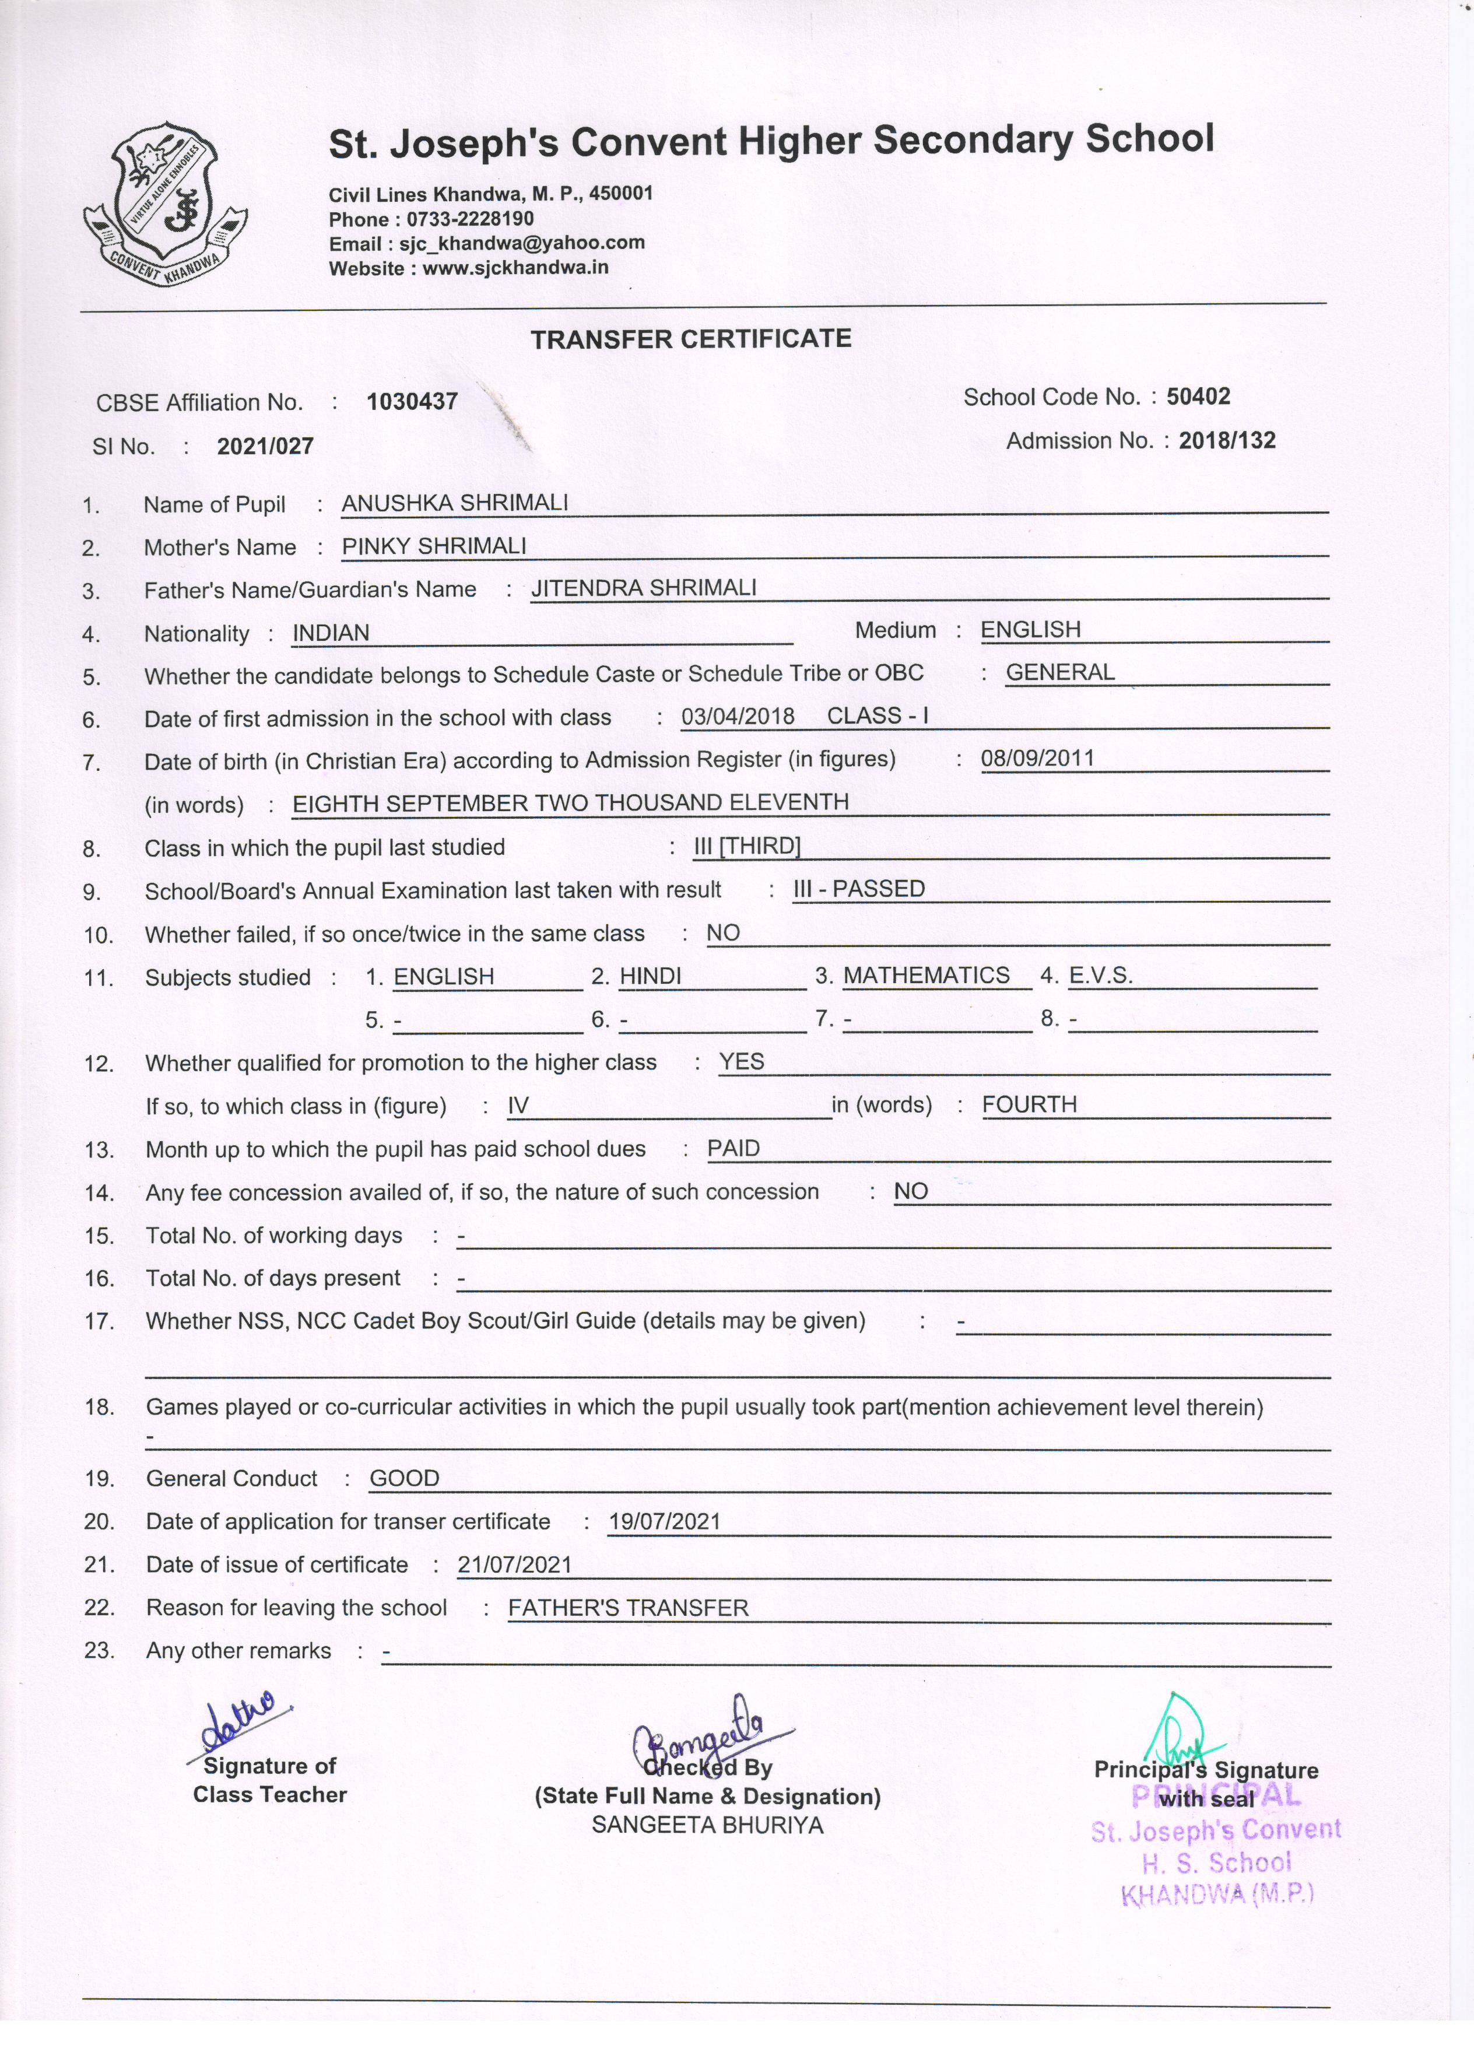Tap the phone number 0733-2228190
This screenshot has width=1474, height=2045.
pos(470,219)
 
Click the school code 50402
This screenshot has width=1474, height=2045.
pos(1198,397)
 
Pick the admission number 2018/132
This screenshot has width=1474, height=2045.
pos(1227,440)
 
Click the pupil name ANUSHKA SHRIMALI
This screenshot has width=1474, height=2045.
pos(454,503)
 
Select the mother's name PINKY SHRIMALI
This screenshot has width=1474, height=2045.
pos(434,546)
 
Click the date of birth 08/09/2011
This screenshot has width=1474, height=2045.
pos(1038,757)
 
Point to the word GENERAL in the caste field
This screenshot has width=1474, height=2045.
pos(1060,673)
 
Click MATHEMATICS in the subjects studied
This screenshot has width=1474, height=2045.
pos(926,976)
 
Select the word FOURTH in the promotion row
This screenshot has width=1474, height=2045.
pos(1030,1104)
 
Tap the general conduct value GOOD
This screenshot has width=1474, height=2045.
pos(405,1479)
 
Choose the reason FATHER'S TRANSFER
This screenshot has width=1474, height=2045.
pos(629,1609)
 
